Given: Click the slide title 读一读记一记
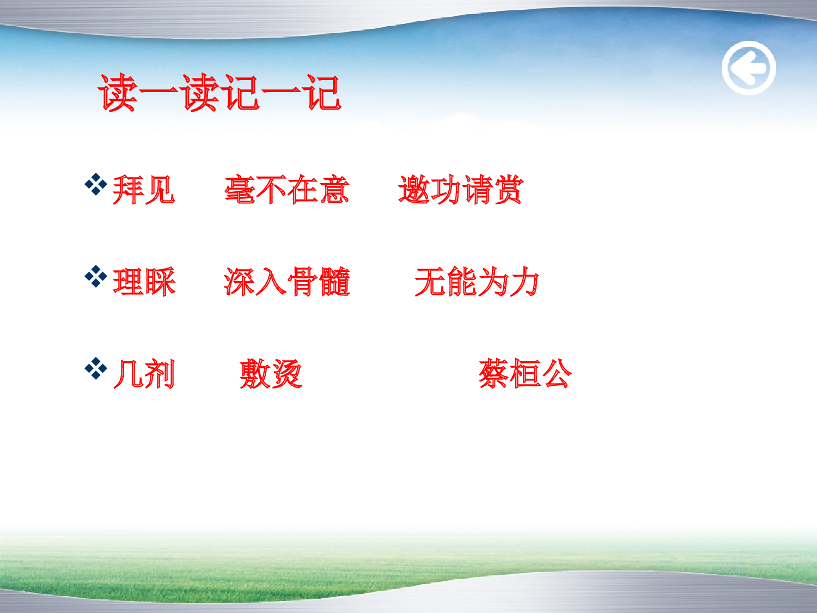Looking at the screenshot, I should (220, 93).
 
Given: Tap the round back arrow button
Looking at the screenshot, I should (749, 68).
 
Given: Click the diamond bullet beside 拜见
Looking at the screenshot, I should (96, 184).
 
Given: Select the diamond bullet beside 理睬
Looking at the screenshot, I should (96, 276).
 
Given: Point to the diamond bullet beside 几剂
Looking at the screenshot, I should (96, 368).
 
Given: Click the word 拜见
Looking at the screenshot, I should (144, 190).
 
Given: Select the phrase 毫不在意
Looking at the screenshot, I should (287, 190).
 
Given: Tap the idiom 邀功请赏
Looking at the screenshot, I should (461, 190).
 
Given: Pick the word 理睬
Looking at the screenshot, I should (144, 282).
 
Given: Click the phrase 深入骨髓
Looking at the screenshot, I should (287, 282).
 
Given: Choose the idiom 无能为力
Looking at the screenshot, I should (477, 282).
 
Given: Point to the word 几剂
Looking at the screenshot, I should (144, 374).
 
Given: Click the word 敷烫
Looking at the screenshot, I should (271, 374).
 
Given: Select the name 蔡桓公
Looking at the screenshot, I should (525, 374).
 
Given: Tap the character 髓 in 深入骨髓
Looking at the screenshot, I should (334, 282).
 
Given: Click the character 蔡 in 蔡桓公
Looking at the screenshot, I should (493, 374).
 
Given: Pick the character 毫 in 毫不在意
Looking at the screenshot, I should (240, 190).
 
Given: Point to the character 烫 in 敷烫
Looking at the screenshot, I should (286, 374).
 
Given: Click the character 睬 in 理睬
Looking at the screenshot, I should (160, 282).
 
